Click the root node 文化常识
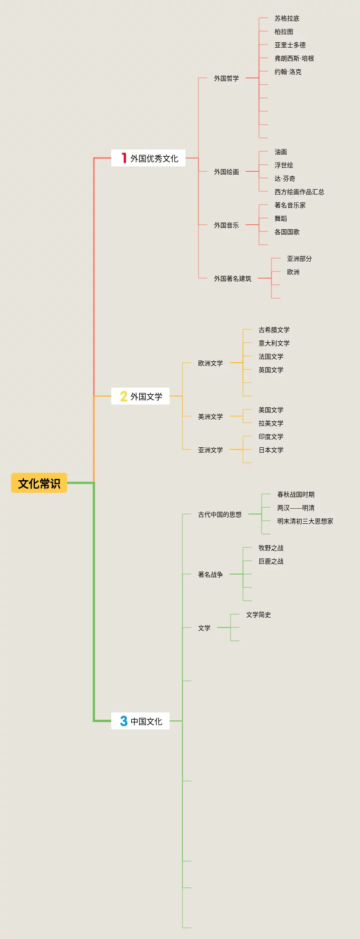coord(39,483)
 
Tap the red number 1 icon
coord(124,158)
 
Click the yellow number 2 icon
coord(124,396)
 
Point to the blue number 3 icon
coord(124,721)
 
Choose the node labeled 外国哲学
coord(226,78)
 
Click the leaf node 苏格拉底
coord(287,18)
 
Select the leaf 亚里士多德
coord(290,45)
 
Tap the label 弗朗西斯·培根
coord(294,58)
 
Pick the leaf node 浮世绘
coord(283,165)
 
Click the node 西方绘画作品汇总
coord(299,192)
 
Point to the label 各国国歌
coord(287,232)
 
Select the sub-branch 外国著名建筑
coord(232,279)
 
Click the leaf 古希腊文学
coord(274,330)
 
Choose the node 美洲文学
coord(210,417)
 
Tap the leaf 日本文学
coord(271,450)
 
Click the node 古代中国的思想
coord(219,514)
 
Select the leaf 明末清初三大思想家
coord(305,521)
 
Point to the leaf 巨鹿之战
coord(271,561)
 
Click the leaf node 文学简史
coord(258,615)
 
